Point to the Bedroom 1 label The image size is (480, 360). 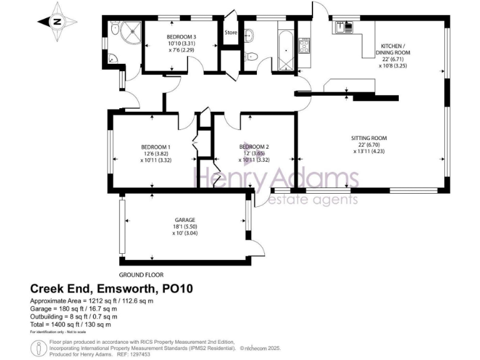coord(156,154)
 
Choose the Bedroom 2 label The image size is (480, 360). coord(254,154)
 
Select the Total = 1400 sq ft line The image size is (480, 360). coord(71,324)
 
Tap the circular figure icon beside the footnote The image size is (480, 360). coord(39,347)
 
